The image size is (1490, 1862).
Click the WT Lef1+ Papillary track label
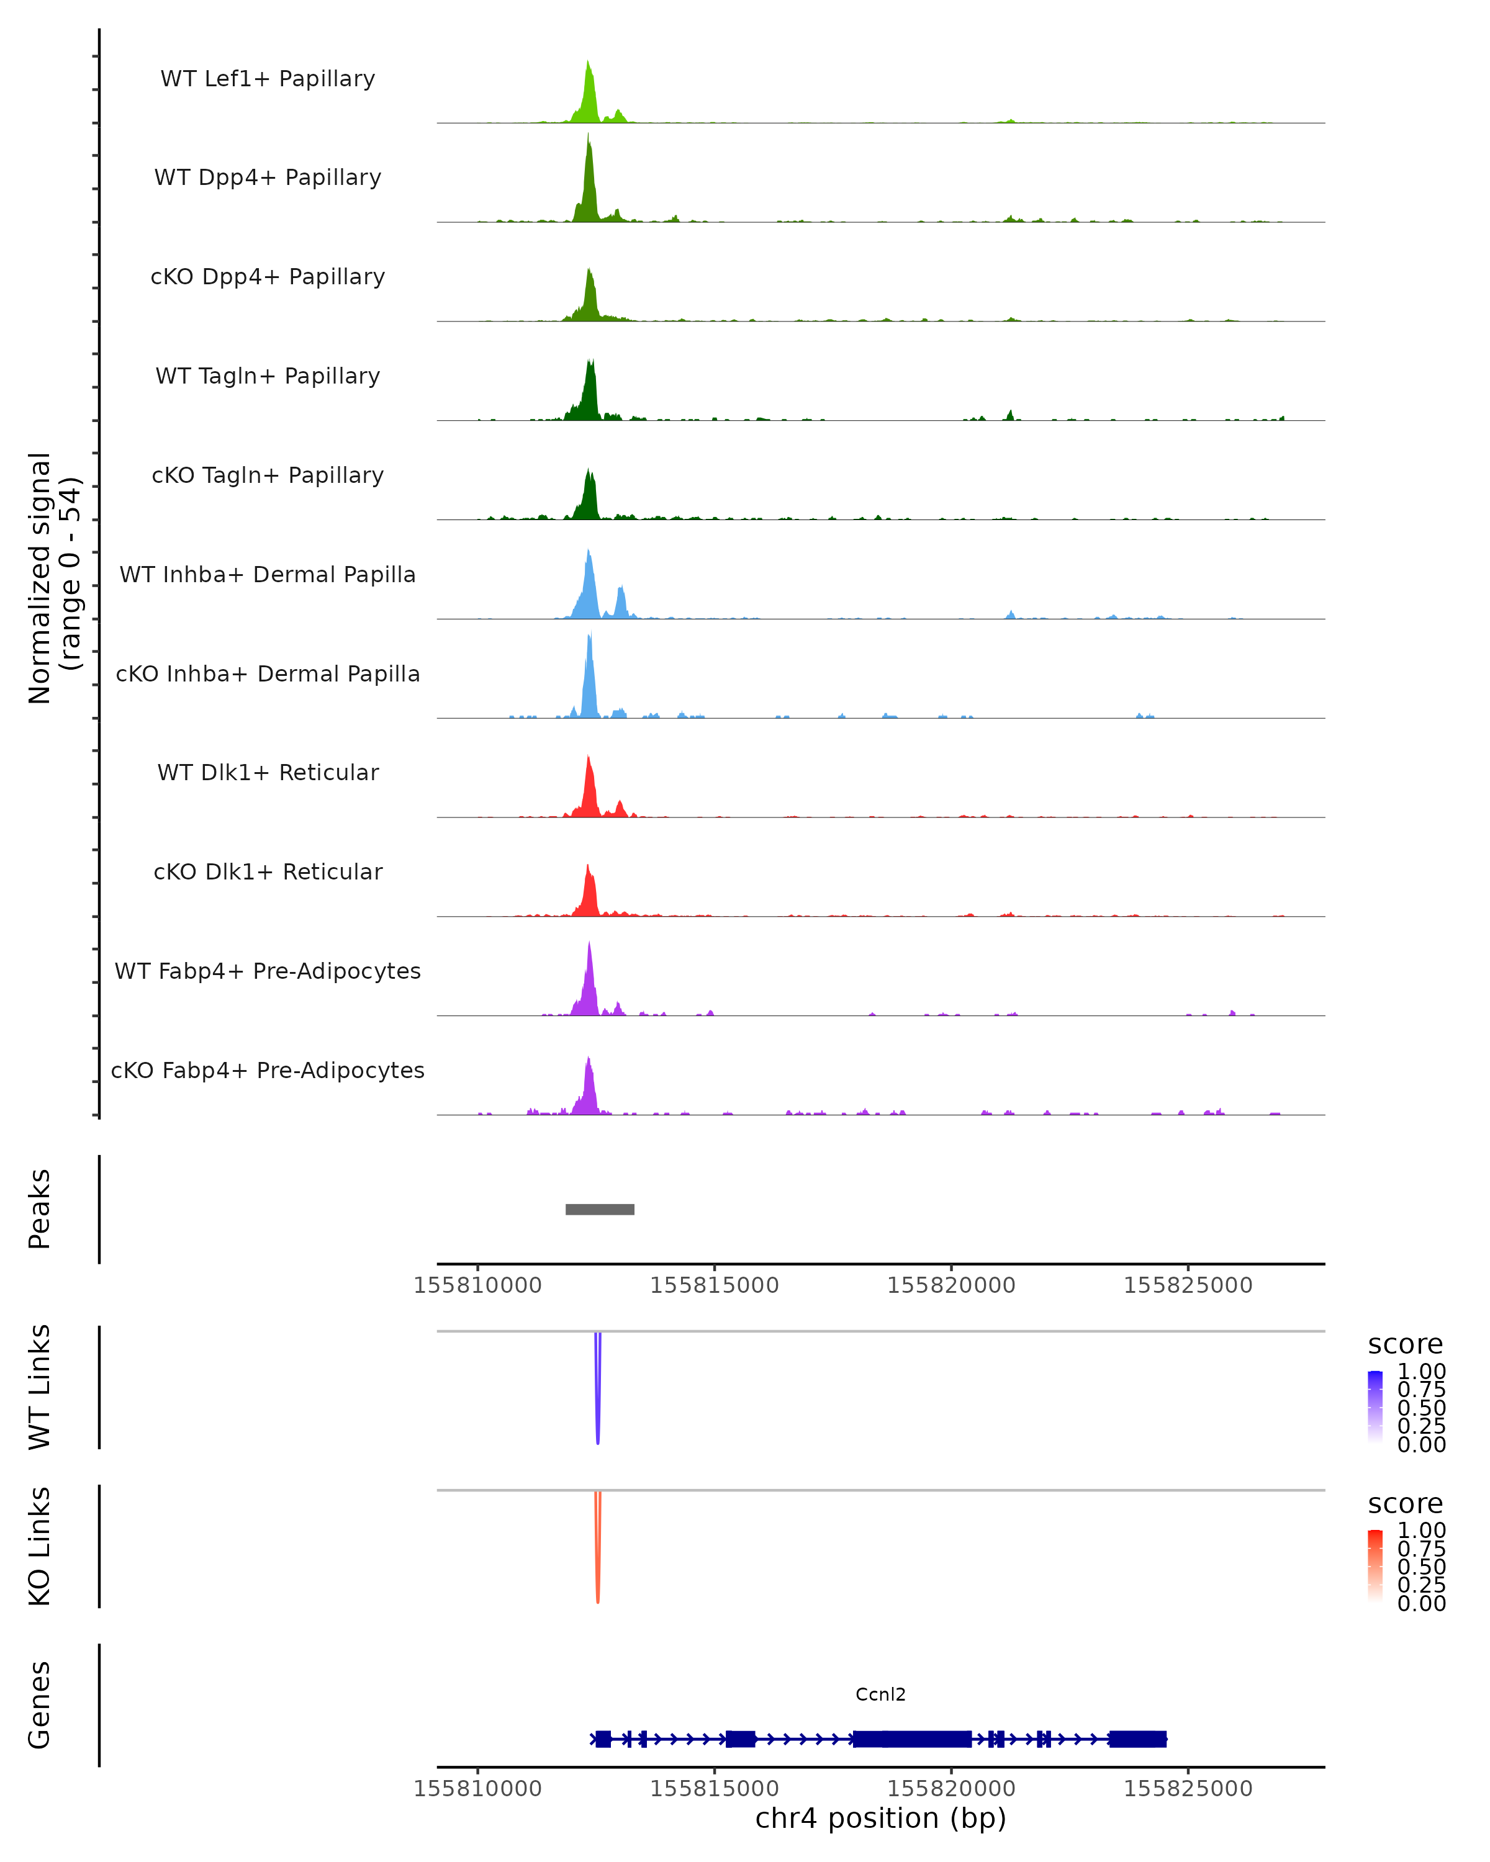click(268, 79)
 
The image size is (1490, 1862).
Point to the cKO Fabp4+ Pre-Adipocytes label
click(268, 1070)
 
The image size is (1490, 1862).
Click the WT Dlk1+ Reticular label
click(268, 773)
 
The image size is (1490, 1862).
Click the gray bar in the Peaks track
click(600, 1209)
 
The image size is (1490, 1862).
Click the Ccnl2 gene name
click(880, 1694)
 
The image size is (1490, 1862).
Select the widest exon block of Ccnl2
click(911, 1738)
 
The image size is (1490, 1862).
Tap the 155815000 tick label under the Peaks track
click(715, 1285)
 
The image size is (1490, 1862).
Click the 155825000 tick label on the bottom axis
click(1188, 1789)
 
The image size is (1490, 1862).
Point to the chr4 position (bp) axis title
click(880, 1819)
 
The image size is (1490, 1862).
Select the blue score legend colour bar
click(1375, 1406)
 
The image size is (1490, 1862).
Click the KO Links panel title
click(40, 1547)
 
